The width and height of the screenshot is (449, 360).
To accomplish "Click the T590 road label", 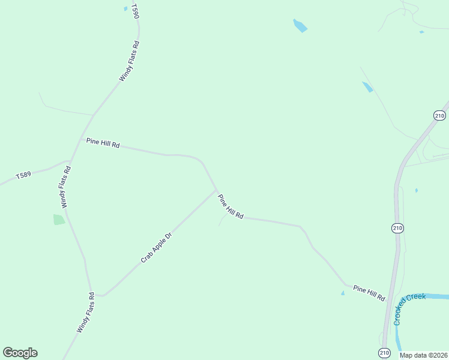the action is coord(135,12).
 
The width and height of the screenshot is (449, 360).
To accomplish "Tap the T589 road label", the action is coord(23,175).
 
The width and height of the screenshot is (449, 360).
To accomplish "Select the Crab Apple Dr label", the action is coord(156,247).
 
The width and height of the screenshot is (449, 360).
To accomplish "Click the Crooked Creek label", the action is coord(409,309).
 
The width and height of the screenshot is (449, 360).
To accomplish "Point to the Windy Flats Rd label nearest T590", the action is coord(129,61).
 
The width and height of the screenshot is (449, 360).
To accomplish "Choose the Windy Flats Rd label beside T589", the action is coord(65,187).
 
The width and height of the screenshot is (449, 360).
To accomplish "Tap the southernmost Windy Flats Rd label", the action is coord(86,313).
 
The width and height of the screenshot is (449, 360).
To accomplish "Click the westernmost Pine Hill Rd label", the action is coord(103,143).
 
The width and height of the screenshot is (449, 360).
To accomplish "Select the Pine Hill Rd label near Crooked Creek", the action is coord(369,293).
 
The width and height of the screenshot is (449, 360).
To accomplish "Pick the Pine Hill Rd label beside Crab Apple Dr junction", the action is coord(231,206).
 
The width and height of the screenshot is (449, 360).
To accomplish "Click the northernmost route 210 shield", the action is coord(439,115).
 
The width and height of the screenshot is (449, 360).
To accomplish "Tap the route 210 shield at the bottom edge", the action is coord(384,353).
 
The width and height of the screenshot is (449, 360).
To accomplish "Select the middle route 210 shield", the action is coord(397,228).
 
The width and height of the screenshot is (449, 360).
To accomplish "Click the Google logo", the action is coord(20,353).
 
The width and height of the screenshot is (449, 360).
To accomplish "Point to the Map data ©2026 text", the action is coord(424,355).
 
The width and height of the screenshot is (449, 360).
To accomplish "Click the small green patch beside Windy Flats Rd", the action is coord(59,220).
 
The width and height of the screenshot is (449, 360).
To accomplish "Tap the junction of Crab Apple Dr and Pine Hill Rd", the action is coord(216,190).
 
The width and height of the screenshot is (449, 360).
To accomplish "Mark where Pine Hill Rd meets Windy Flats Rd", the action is coord(82,139).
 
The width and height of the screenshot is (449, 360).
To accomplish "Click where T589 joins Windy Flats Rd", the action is coord(70,161).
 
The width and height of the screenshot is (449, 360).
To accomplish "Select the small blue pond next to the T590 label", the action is coord(125,8).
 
